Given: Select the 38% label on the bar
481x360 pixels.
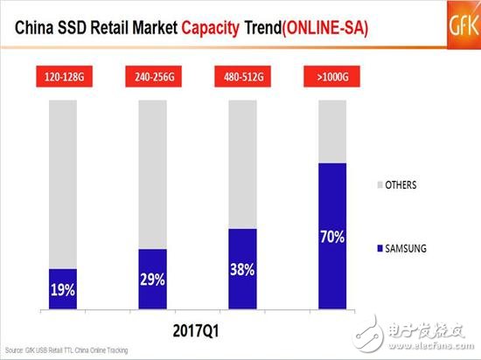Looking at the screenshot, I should point(242,271).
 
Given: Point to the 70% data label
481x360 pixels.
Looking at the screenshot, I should point(331,238).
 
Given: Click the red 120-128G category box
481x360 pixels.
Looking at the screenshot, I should point(63,77).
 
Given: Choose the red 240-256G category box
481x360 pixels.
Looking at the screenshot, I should point(152,77).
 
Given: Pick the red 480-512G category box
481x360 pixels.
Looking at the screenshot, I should point(242,77).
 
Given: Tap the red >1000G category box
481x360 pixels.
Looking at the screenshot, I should point(331,77).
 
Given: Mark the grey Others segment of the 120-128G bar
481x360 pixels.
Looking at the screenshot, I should point(63,183).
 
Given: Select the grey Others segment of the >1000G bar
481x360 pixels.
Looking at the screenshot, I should point(331,131).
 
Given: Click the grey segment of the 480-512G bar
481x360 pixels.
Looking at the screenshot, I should point(242,164).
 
